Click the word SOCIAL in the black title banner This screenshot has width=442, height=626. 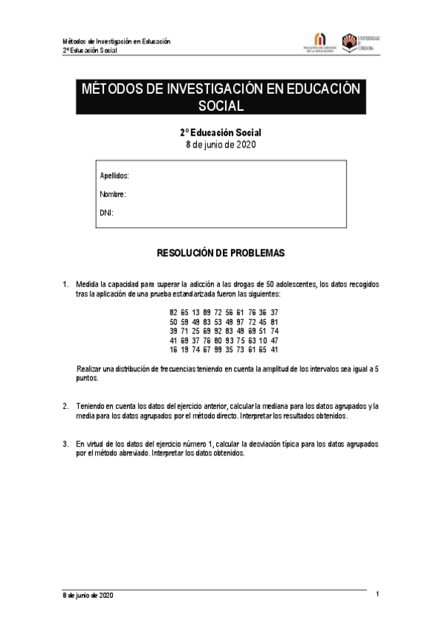click(221, 106)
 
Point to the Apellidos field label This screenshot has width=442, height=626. click(114, 176)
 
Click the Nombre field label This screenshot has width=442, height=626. click(113, 194)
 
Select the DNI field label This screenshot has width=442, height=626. click(106, 213)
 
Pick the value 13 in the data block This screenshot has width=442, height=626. click(196, 312)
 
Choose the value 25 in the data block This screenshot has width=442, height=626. click(196, 332)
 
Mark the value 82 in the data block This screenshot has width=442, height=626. click(173, 312)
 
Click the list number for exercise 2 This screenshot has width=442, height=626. click(65, 406)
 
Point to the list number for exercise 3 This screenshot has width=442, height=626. click(65, 444)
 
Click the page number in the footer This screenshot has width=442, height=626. click(377, 594)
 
